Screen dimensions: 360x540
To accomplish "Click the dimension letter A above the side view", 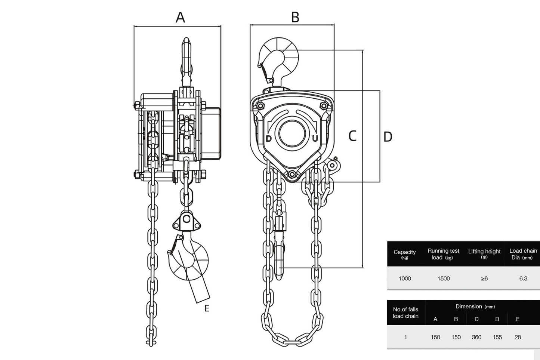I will pyautogui.click(x=180, y=17).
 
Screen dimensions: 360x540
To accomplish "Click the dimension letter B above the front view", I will pyautogui.click(x=295, y=17).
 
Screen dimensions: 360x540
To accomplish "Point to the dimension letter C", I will pyautogui.click(x=352, y=136).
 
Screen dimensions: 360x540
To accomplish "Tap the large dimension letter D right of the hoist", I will pyautogui.click(x=388, y=137).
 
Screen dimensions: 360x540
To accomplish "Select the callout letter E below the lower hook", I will pyautogui.click(x=207, y=308).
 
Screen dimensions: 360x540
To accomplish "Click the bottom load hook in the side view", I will pyautogui.click(x=189, y=258).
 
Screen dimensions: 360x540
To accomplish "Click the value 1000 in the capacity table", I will pyautogui.click(x=405, y=279).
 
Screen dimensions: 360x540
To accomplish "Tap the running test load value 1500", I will pyautogui.click(x=444, y=279).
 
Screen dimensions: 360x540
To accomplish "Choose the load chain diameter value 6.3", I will pyautogui.click(x=523, y=279).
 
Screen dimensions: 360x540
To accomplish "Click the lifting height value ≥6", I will pyautogui.click(x=484, y=279).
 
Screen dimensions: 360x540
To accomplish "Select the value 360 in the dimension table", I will pyautogui.click(x=476, y=337).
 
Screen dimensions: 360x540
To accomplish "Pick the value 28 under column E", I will pyautogui.click(x=518, y=337).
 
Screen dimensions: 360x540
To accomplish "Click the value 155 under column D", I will pyautogui.click(x=497, y=337).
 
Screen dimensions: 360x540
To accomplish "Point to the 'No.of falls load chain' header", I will pyautogui.click(x=405, y=313).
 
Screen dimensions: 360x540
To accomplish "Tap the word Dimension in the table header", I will pyautogui.click(x=469, y=307).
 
